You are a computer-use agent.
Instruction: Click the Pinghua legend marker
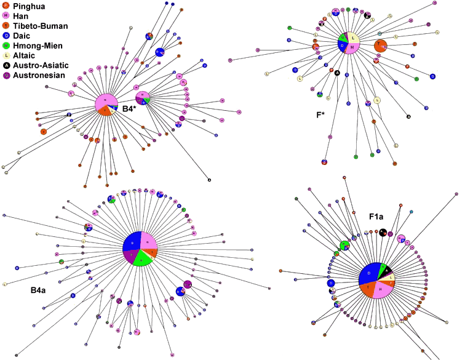coord(6,6)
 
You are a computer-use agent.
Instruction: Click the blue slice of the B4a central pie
coord(130,243)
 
